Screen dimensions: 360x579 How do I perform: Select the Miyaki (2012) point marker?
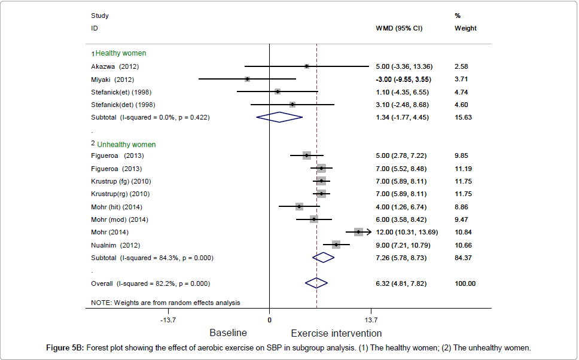(x=247, y=79)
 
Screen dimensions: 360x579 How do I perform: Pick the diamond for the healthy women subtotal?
(x=279, y=117)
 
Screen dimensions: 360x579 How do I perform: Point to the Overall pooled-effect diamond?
(x=316, y=283)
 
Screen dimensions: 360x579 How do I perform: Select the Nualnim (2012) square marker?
(x=336, y=245)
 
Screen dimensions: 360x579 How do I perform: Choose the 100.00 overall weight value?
(x=465, y=283)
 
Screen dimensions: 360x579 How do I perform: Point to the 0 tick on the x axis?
(x=269, y=320)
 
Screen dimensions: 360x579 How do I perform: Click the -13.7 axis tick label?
(x=167, y=320)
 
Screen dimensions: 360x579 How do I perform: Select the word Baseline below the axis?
(x=228, y=333)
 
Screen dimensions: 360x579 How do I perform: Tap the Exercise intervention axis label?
(x=336, y=333)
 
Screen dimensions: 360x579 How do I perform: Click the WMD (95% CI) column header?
(x=398, y=28)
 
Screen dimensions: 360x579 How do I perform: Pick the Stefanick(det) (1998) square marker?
(x=292, y=105)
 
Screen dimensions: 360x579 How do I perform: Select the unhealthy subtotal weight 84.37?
(x=463, y=258)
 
